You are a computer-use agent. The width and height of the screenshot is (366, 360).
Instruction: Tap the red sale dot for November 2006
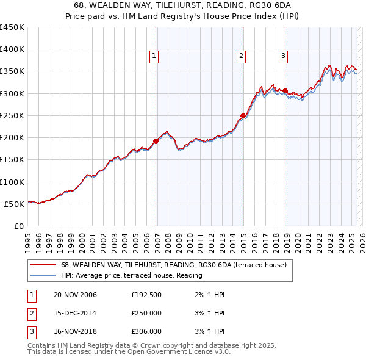[x=156, y=141]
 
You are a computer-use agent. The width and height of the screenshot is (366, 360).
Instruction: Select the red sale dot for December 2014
[x=243, y=115]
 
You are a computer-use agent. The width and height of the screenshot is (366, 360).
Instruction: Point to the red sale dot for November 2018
[x=285, y=91]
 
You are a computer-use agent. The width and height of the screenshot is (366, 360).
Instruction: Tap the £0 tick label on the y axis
[x=18, y=226]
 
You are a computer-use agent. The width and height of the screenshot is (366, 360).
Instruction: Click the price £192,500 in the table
[x=146, y=295]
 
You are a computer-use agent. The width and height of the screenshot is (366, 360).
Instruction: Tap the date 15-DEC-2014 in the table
[x=75, y=314]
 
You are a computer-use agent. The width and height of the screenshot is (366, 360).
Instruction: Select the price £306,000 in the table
[x=146, y=332]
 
